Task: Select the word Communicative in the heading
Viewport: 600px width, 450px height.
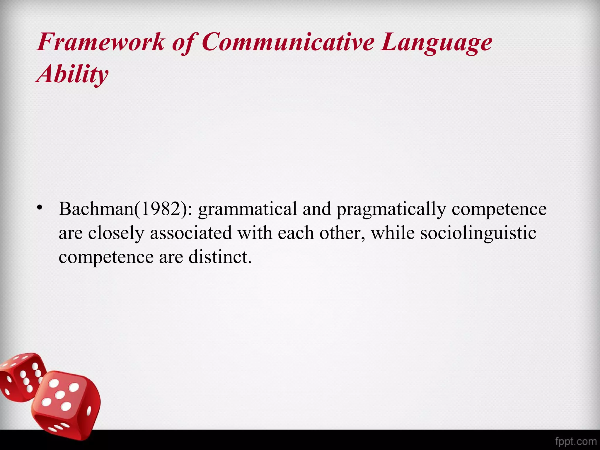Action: tap(288, 42)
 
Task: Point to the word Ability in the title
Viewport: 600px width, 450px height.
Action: tap(72, 74)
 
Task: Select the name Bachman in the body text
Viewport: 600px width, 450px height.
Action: tap(96, 209)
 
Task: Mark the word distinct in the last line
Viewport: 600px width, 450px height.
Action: tap(220, 257)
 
